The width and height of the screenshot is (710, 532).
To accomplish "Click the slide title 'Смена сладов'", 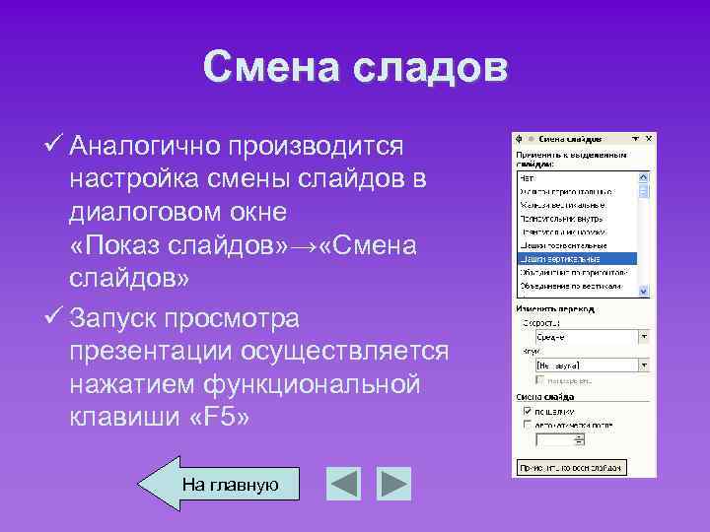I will (355, 68).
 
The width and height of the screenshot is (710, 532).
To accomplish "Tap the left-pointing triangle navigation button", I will (344, 484).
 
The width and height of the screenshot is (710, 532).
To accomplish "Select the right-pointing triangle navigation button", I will (394, 484).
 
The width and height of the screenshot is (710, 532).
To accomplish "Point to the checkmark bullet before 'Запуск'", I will (55, 319).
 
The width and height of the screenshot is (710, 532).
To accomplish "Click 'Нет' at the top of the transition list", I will (527, 177).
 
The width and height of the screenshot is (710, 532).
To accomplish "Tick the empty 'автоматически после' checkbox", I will (530, 424).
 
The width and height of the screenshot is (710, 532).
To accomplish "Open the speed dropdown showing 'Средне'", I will (644, 336).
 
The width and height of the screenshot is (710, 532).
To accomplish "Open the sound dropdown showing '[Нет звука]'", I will (644, 364).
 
